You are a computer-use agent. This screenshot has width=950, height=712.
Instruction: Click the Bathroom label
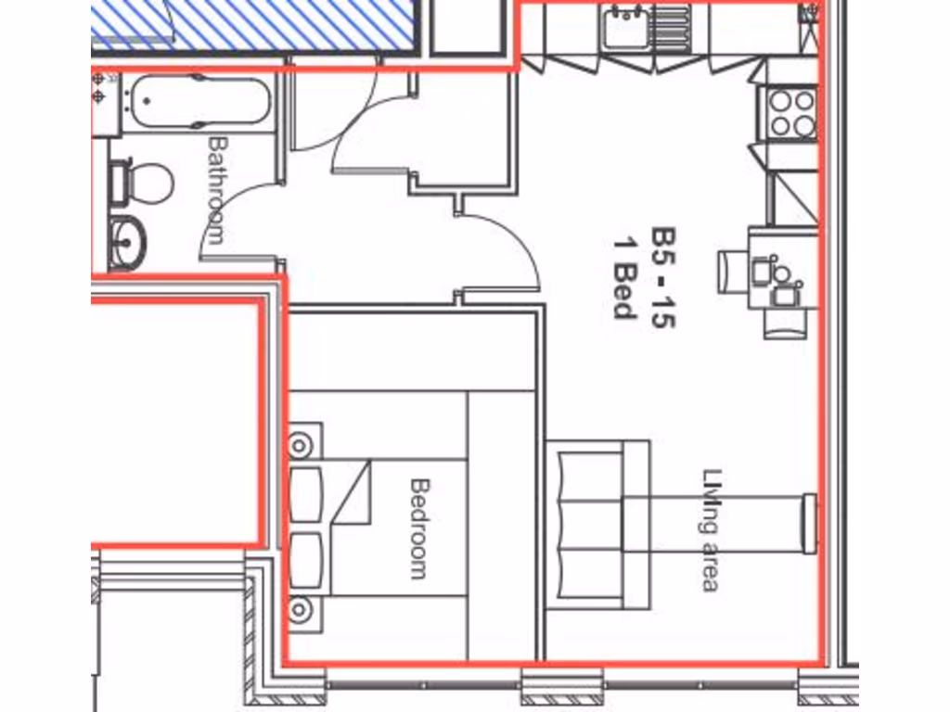(x=217, y=189)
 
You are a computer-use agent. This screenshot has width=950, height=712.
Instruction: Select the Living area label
(x=711, y=529)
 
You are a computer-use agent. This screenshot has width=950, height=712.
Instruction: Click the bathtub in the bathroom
(x=200, y=101)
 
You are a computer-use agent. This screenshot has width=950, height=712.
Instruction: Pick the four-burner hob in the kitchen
(x=791, y=112)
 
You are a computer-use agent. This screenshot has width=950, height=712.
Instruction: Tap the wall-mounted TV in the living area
(x=809, y=524)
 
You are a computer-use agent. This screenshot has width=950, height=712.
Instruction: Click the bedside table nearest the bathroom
(x=301, y=444)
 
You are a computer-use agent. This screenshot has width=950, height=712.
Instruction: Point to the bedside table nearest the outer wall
(x=301, y=610)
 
